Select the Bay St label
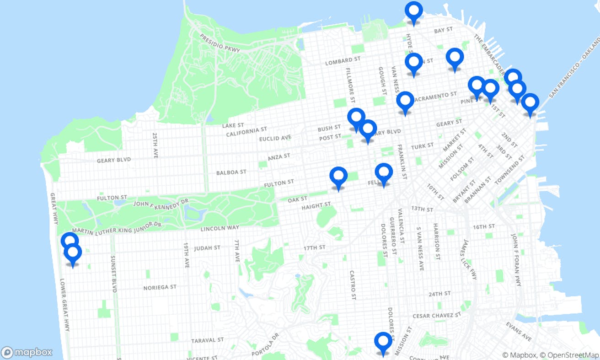click(x=443, y=30)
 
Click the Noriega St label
click(x=160, y=287)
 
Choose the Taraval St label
click(x=208, y=340)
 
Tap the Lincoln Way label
click(x=220, y=228)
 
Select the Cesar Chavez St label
click(x=437, y=316)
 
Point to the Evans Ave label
click(x=519, y=331)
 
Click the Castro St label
click(x=353, y=285)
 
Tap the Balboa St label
click(x=231, y=172)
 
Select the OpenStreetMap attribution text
click(x=569, y=355)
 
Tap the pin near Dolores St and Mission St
click(x=383, y=343)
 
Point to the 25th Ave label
click(x=155, y=145)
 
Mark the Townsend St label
click(x=510, y=172)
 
